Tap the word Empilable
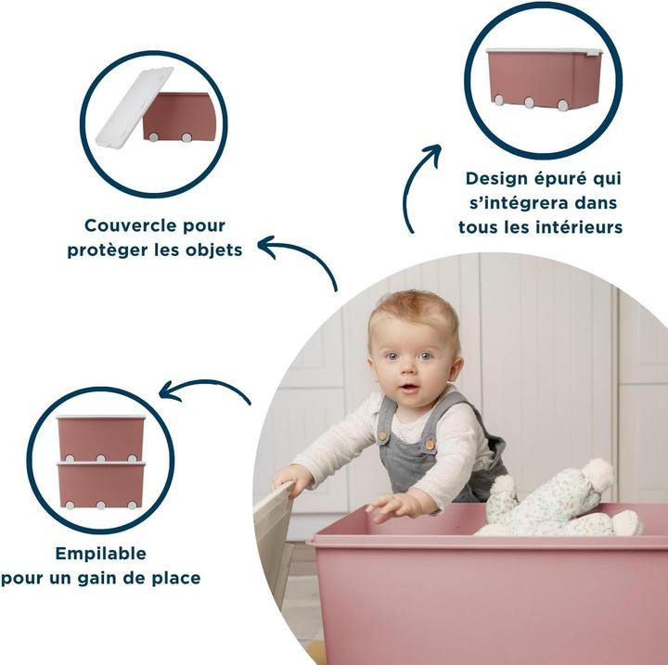click(100, 554)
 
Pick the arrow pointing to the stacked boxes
click(204, 390)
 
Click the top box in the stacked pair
click(100, 437)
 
